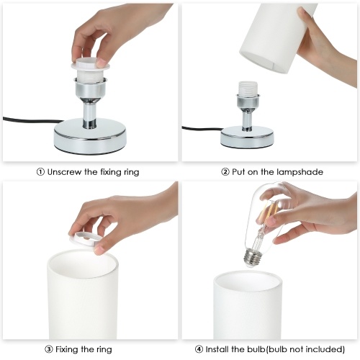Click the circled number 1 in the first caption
tap(40, 172)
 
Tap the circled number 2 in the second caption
tap(225, 172)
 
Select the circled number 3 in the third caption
tap(48, 349)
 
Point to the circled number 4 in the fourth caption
tap(199, 349)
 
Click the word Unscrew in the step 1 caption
tap(64, 172)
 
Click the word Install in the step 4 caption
tap(217, 349)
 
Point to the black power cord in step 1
tap(32, 120)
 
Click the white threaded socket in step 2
tap(248, 89)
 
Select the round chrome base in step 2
tap(247, 137)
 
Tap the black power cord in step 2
tap(202, 128)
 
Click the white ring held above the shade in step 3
tap(86, 240)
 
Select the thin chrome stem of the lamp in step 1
tap(89, 114)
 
